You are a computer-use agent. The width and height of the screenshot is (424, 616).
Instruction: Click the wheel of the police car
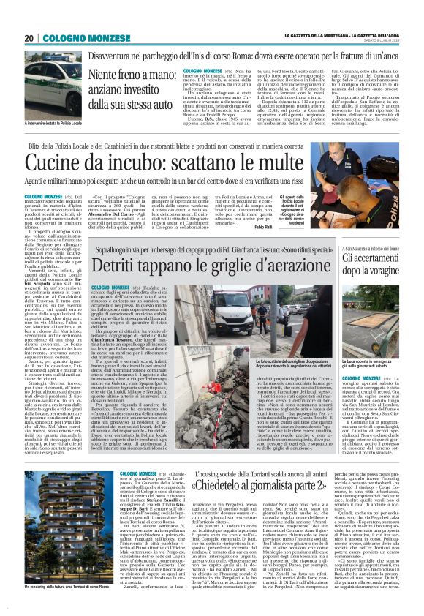coord(44,93)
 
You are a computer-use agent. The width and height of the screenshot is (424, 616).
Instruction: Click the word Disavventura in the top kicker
coord(113,56)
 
